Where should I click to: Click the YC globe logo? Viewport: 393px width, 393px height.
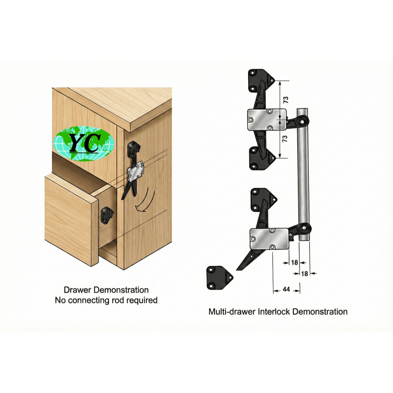coord(84,143)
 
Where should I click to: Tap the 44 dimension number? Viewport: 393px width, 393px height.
coord(286,290)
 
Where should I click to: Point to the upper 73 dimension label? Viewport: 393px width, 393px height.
coord(286,100)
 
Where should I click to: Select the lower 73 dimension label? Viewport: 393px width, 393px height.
coord(285,139)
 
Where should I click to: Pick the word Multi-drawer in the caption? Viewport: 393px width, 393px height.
coord(232,311)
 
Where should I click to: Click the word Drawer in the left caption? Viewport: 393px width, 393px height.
coord(77,290)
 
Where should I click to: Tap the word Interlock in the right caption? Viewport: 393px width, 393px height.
coord(274,311)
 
